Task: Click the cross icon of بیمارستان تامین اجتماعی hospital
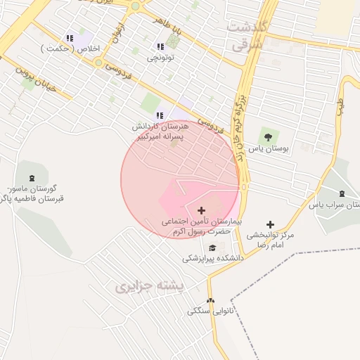click(202, 210)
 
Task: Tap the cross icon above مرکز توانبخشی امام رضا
click(271, 224)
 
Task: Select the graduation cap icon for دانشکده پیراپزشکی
click(212, 247)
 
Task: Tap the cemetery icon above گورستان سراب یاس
click(342, 193)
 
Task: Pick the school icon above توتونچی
click(161, 46)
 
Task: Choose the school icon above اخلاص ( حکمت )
click(70, 38)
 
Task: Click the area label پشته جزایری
click(149, 287)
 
